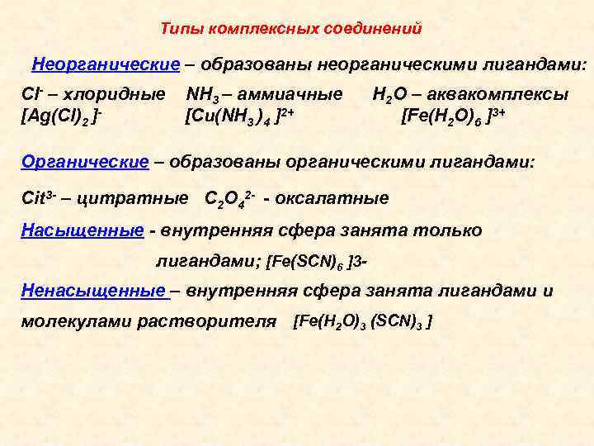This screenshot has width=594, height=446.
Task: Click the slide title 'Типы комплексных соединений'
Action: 291,29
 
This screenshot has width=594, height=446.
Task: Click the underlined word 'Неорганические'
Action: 106,64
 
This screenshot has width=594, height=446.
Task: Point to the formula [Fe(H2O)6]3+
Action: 453,114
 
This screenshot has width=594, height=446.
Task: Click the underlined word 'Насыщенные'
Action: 82,230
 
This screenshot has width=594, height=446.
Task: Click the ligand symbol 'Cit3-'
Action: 39,198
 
